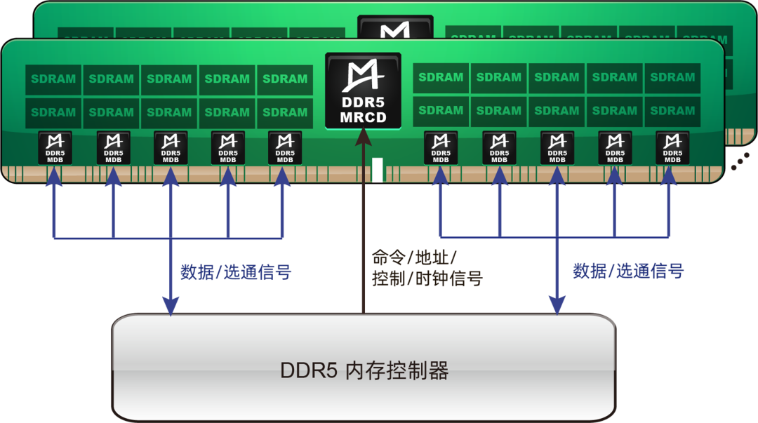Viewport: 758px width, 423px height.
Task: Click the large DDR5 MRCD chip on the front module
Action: [363, 90]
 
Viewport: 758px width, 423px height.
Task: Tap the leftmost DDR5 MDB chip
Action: [55, 148]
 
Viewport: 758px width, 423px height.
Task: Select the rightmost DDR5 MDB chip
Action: [672, 148]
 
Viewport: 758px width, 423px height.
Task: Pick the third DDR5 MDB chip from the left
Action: [170, 148]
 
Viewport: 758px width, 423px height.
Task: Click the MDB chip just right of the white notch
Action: [441, 148]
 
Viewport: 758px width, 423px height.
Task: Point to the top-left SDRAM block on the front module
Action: [53, 79]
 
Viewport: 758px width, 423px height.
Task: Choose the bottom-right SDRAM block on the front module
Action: [672, 111]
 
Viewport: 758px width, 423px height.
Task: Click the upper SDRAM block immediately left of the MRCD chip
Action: [285, 79]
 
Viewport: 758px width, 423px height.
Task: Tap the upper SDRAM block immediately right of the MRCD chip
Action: [441, 78]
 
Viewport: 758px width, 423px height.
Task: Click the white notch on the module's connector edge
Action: [378, 170]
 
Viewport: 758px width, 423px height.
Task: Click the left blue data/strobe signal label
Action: [235, 272]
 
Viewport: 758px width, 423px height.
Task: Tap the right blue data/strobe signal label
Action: [628, 271]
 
